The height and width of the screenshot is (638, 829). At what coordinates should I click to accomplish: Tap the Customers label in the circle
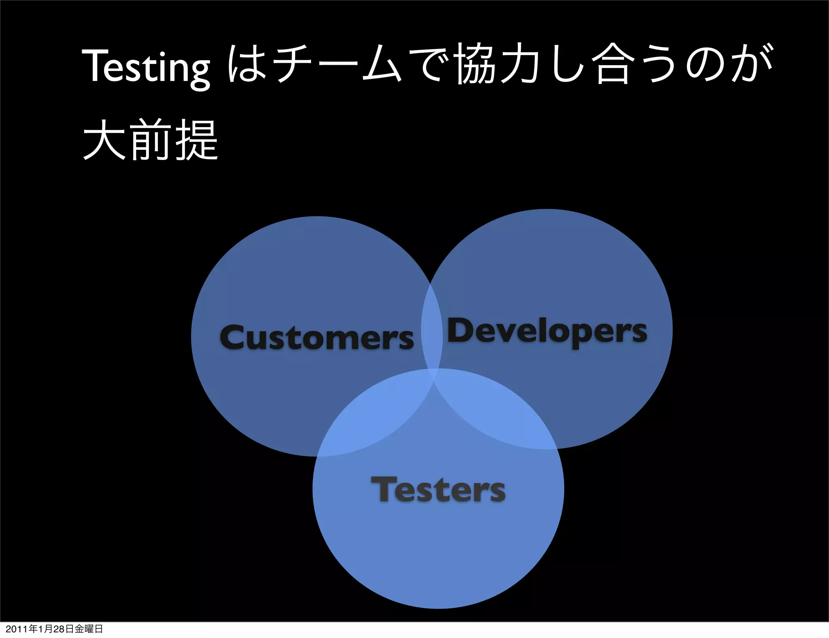click(317, 338)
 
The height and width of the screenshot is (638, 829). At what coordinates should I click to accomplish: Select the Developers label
click(546, 331)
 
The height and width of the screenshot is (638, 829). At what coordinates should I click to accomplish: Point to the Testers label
click(438, 490)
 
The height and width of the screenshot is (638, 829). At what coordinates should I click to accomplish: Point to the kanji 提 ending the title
click(197, 140)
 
